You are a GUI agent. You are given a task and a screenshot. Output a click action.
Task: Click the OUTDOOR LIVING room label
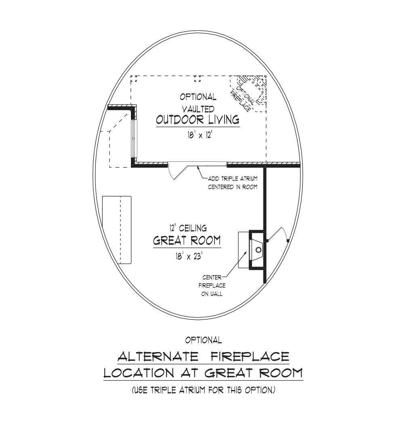point(198,120)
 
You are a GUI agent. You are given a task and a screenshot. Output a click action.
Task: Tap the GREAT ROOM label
point(187,241)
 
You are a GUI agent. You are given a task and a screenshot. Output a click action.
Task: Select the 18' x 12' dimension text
point(198,135)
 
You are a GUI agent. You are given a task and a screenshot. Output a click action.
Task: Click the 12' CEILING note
point(188,229)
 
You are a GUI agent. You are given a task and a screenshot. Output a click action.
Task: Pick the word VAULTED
point(198,109)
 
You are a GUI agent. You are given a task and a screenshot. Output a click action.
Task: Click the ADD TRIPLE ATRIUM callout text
point(232,183)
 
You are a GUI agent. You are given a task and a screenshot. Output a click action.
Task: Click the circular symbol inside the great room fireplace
point(258,250)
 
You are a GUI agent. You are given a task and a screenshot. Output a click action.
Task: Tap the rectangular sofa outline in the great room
point(117,230)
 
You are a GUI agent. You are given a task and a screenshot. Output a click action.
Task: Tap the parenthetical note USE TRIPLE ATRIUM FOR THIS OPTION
point(203,390)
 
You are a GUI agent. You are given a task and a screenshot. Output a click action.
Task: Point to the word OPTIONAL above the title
point(203,340)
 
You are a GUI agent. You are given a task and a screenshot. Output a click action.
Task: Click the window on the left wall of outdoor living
point(135,137)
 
